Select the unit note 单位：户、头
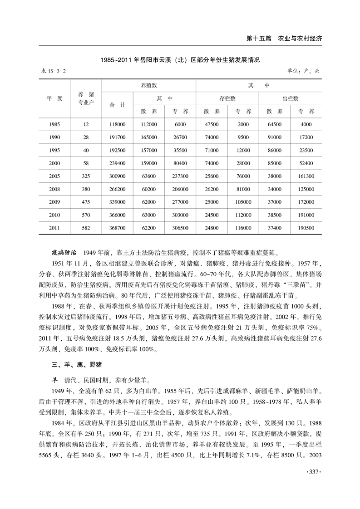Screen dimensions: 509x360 (x=303, y=71)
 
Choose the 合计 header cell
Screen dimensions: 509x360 (x=117, y=105)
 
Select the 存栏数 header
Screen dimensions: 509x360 (x=227, y=98)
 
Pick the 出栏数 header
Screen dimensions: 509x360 (x=290, y=98)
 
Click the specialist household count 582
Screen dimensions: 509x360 (x=86, y=228)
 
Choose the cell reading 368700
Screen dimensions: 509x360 (x=117, y=228)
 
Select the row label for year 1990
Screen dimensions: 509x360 (x=54, y=137)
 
